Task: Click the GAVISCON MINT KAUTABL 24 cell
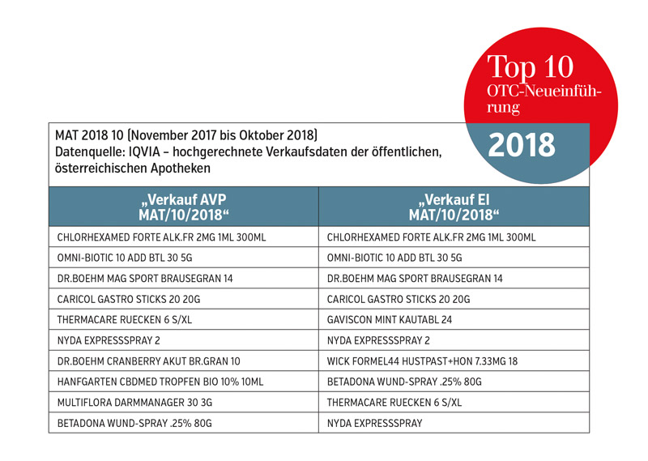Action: point(390,319)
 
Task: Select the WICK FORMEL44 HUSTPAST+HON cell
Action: point(421,361)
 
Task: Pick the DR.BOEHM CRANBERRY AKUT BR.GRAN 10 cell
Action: point(149,361)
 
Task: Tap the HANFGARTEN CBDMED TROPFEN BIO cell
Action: point(160,381)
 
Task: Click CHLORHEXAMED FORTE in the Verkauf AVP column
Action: point(161,237)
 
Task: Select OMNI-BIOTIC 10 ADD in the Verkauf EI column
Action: point(394,258)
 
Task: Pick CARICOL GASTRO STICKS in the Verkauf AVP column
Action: point(127,299)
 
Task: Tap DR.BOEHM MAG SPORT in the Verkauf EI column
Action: point(414,278)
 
